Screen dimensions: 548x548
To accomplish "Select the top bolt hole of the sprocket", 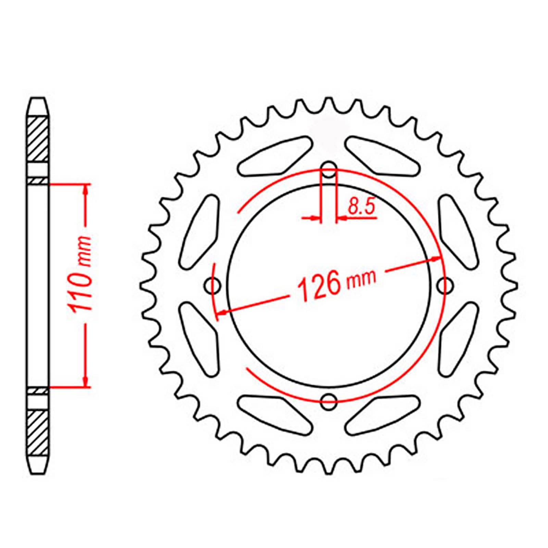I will [x=329, y=170].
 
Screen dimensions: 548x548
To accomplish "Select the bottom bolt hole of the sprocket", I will [x=329, y=401].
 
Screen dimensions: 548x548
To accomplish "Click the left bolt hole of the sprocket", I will [x=213, y=285].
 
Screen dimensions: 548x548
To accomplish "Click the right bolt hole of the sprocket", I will [x=446, y=285].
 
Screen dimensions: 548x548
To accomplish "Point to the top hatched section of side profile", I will [x=37, y=139].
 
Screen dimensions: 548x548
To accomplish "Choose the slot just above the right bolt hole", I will [x=458, y=232].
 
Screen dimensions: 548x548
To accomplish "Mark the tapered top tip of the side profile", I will [x=37, y=103].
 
